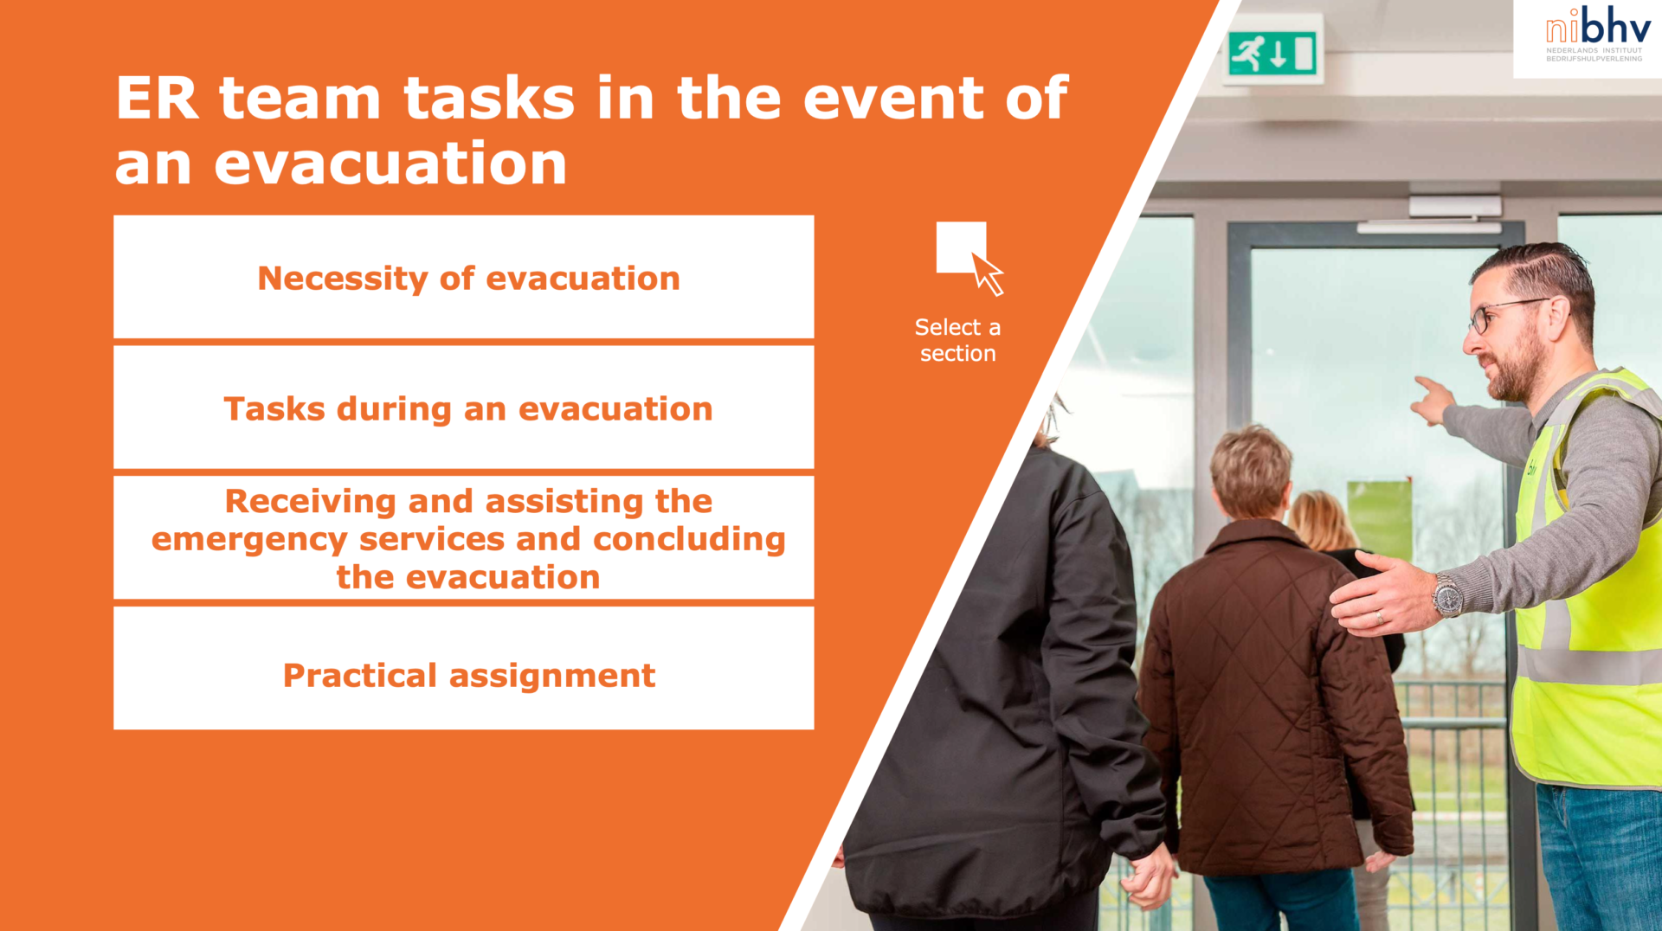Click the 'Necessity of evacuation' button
click(464, 277)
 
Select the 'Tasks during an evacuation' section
click(464, 408)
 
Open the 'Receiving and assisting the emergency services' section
click(464, 537)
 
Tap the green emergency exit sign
click(1273, 53)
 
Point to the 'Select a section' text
click(957, 340)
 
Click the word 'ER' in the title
click(157, 98)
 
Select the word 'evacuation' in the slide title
click(390, 164)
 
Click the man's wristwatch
click(1447, 596)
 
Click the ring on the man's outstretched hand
click(1380, 617)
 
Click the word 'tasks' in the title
click(489, 98)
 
